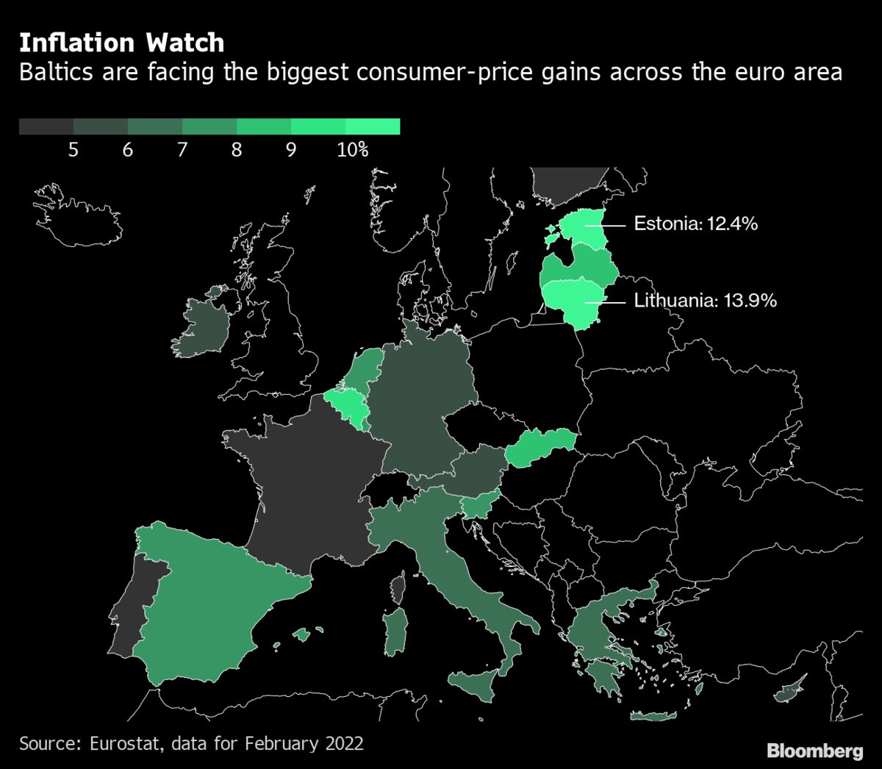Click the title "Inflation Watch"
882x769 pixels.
click(121, 43)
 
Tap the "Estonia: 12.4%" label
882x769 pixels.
click(695, 223)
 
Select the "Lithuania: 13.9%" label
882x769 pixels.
click(705, 300)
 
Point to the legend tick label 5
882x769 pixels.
click(73, 150)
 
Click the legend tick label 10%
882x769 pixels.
click(352, 150)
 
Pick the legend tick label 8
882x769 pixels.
click(236, 150)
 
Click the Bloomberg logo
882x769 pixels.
click(814, 751)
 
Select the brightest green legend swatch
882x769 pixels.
click(373, 126)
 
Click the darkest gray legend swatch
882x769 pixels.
click(46, 126)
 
